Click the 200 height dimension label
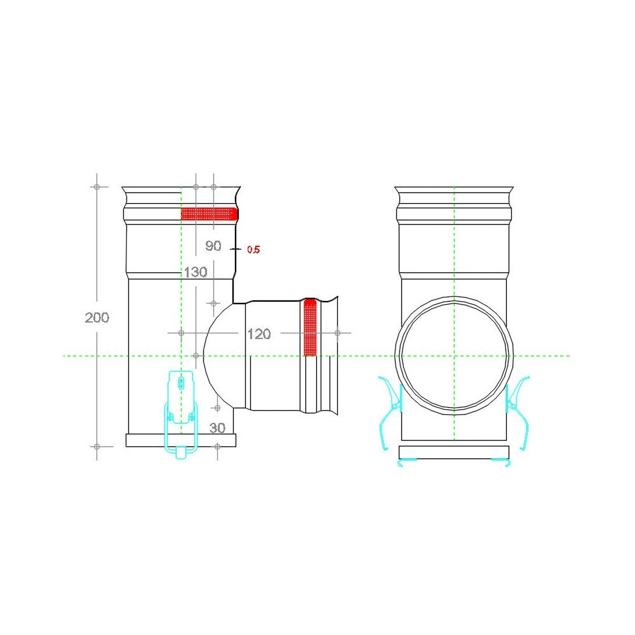tap(97, 317)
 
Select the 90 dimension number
tap(213, 246)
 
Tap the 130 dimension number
tap(196, 272)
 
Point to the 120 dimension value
tap(259, 334)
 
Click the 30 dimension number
tap(217, 427)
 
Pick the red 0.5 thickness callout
tap(253, 250)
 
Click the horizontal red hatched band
tap(209, 213)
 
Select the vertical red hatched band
tap(310, 327)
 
